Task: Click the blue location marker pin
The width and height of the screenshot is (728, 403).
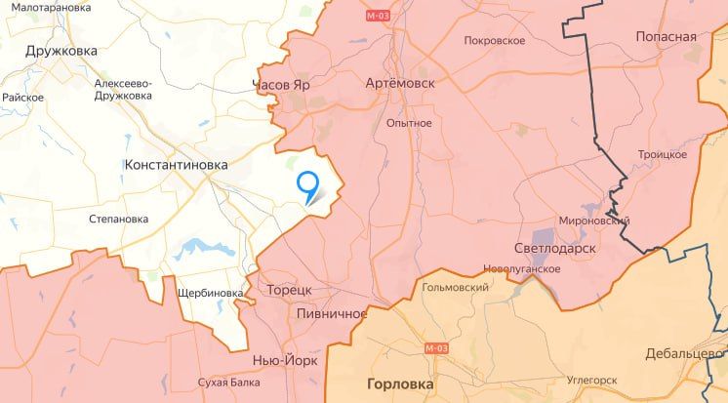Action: coord(308,183)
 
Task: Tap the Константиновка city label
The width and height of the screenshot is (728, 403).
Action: coord(176,166)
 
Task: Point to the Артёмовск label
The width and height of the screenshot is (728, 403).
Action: coord(399,83)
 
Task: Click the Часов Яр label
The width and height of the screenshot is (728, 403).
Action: coord(281,85)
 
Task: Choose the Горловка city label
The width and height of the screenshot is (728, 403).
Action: coord(400,383)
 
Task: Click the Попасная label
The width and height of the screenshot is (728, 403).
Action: coord(667,36)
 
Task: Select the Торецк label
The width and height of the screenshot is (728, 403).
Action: coord(289,291)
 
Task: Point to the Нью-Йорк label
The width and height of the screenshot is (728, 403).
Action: coord(285,359)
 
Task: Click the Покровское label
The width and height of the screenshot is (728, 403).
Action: coord(496,41)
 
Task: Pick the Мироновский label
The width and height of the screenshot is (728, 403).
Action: coord(593,222)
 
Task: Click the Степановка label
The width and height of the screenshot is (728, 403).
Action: coord(118,219)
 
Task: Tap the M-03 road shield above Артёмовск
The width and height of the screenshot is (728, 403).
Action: coord(378,17)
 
